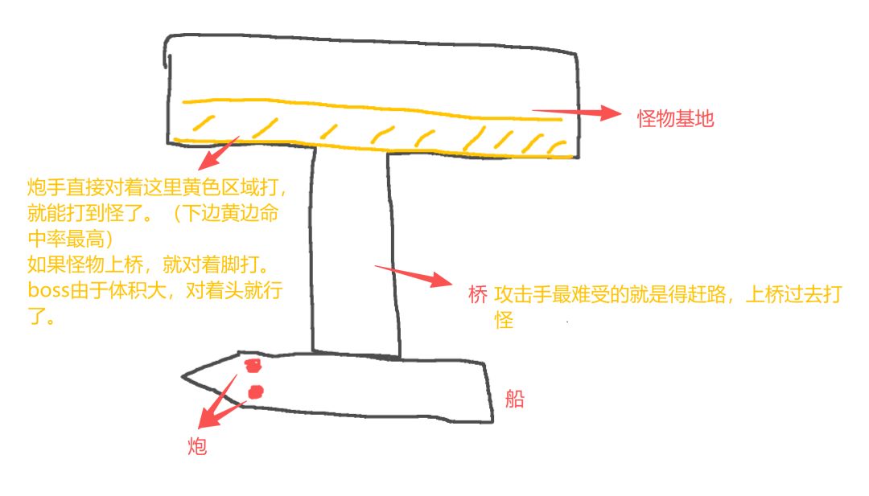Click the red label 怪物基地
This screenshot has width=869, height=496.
pos(675,118)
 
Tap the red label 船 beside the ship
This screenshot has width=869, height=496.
pos(514,398)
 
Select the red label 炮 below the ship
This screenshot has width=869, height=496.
pos(197,445)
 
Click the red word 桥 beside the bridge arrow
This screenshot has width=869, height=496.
pos(478,294)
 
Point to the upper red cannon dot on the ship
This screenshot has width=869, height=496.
pos(253,365)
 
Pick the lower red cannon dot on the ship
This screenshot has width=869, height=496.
pos(256,392)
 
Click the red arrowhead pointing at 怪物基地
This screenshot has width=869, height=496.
pos(611,113)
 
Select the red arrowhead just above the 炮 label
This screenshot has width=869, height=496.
pos(208,417)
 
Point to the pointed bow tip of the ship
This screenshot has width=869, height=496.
pos(183,377)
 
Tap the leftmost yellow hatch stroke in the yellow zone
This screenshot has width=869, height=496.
pos(204,123)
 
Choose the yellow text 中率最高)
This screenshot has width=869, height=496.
pos(70,239)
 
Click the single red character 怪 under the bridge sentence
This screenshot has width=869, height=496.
pos(504,319)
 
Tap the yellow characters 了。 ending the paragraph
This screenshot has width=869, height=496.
pos(42,316)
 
